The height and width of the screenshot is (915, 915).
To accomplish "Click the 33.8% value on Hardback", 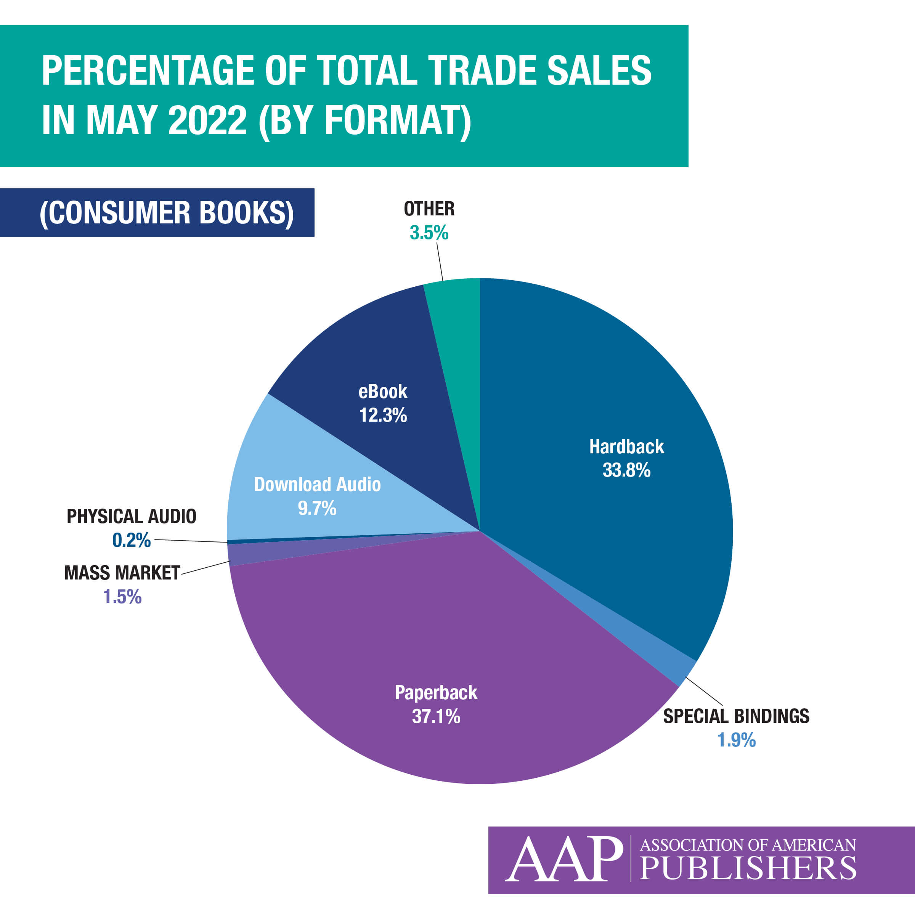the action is point(626,470).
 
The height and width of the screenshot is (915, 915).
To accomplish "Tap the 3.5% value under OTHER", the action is point(429,233).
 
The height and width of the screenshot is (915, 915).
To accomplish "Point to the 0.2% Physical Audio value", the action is point(131,540).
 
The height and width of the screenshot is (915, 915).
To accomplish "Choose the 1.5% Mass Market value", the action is point(122,597).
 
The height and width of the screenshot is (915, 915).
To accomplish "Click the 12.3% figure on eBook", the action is point(383,415).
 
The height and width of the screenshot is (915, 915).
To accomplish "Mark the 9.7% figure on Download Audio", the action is point(317,508).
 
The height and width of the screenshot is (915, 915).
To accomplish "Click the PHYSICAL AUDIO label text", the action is point(131,516).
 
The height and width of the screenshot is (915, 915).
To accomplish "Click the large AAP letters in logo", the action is point(563,859).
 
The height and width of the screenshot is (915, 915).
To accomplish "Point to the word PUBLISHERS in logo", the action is point(748,868).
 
